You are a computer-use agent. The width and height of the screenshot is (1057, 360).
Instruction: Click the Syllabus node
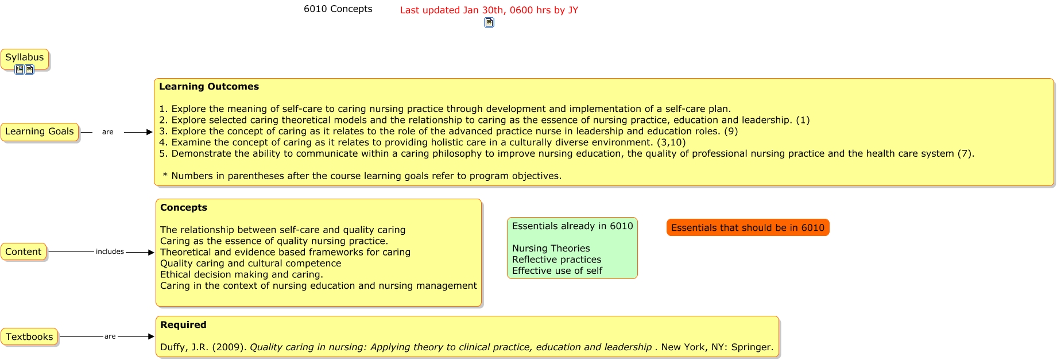click(25, 58)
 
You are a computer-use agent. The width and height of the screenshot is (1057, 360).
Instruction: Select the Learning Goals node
click(40, 132)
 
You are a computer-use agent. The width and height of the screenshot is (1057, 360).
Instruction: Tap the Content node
click(24, 252)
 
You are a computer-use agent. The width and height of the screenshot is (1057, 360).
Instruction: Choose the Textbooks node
click(29, 337)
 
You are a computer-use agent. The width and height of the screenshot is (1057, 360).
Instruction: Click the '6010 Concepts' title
click(338, 9)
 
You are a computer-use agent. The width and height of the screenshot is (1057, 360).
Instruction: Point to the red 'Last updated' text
click(489, 10)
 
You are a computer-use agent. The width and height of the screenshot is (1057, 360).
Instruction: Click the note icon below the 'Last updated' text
click(489, 23)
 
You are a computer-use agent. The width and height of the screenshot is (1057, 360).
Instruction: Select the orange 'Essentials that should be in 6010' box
click(748, 228)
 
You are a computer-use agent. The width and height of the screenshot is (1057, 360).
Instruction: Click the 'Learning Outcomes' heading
click(209, 87)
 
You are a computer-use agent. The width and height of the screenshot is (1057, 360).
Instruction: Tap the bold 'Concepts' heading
click(184, 208)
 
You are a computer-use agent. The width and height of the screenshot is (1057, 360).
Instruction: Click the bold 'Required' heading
click(183, 325)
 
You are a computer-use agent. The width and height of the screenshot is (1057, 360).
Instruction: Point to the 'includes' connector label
click(110, 251)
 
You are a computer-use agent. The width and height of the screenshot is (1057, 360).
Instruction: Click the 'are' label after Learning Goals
click(108, 132)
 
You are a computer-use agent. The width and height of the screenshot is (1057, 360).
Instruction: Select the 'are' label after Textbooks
click(110, 336)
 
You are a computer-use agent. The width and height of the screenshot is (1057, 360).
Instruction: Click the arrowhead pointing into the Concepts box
click(151, 252)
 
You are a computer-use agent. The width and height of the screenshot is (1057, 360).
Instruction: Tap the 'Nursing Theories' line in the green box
click(551, 249)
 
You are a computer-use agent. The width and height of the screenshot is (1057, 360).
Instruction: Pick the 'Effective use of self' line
click(557, 271)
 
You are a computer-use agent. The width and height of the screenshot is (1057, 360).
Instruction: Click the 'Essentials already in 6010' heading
click(572, 226)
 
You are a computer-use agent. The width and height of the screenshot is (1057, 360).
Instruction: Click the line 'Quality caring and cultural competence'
click(251, 264)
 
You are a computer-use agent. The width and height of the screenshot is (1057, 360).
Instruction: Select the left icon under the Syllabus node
click(20, 69)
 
